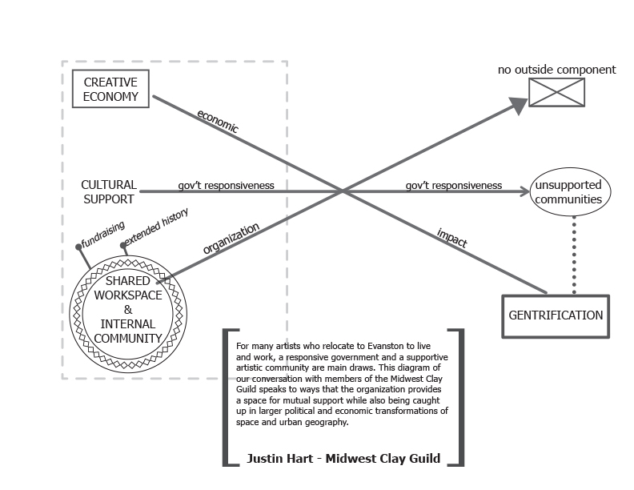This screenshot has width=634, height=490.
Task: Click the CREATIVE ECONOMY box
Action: point(110,90)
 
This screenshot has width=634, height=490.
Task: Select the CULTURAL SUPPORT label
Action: point(109,191)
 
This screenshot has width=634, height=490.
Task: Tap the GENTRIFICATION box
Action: point(556,315)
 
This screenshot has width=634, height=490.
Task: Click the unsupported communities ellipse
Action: point(568,193)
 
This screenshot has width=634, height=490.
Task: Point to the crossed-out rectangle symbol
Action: point(557,92)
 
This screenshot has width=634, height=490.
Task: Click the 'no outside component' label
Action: point(557,70)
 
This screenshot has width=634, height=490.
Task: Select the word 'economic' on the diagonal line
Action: point(218,121)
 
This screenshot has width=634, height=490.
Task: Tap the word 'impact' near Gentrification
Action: point(452,238)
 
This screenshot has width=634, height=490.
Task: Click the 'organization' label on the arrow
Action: point(231,239)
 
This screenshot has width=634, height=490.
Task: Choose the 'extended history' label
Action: point(157,227)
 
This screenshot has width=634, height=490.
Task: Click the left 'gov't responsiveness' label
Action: point(226,186)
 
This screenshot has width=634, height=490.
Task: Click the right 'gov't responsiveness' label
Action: point(454,186)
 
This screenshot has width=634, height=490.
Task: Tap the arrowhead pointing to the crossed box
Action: point(518,102)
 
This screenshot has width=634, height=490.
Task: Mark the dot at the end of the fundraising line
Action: point(78,247)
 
